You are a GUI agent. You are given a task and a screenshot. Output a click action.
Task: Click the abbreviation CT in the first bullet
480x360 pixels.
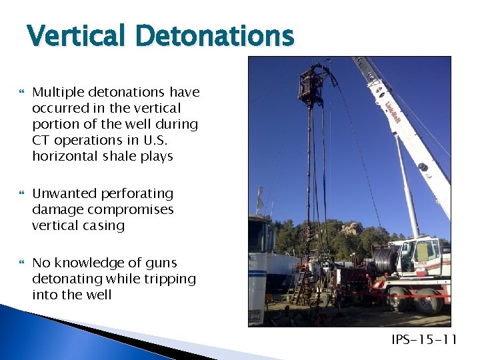click(x=41, y=140)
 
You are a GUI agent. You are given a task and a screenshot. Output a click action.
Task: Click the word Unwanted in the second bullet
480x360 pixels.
click(x=61, y=193)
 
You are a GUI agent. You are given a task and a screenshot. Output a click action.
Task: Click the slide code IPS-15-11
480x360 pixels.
click(x=424, y=341)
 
